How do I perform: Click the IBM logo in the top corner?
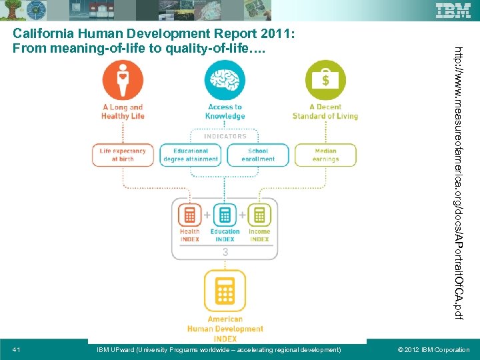click(453, 10)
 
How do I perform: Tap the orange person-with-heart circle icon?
click(123, 80)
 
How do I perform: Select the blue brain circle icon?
click(225, 80)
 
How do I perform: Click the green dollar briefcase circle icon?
click(325, 80)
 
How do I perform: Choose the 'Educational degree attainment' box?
click(191, 155)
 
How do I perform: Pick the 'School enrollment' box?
click(258, 155)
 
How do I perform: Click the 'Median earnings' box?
click(325, 155)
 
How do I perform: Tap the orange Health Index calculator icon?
click(190, 215)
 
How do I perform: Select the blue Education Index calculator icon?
click(225, 215)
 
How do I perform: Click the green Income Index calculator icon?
click(259, 215)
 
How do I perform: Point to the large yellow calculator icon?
click(225, 291)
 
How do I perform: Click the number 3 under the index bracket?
click(225, 252)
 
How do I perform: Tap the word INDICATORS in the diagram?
click(225, 136)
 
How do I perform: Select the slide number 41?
click(17, 350)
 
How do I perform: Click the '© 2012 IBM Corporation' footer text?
click(433, 350)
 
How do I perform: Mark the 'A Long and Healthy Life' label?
click(123, 111)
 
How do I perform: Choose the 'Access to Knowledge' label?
click(225, 111)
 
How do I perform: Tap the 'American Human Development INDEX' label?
click(225, 329)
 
